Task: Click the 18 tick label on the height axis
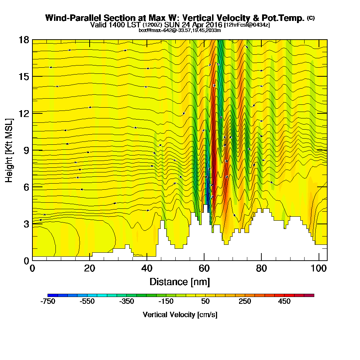coord(24,40)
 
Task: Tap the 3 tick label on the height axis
coord(26,224)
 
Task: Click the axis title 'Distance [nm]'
coord(180,282)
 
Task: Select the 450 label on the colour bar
coord(284,302)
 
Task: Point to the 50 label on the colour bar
coord(205,302)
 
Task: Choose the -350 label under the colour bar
coord(127,302)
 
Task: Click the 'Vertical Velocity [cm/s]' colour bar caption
coord(180,315)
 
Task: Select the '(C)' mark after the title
coord(311,18)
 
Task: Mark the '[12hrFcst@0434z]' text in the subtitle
coord(247,25)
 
